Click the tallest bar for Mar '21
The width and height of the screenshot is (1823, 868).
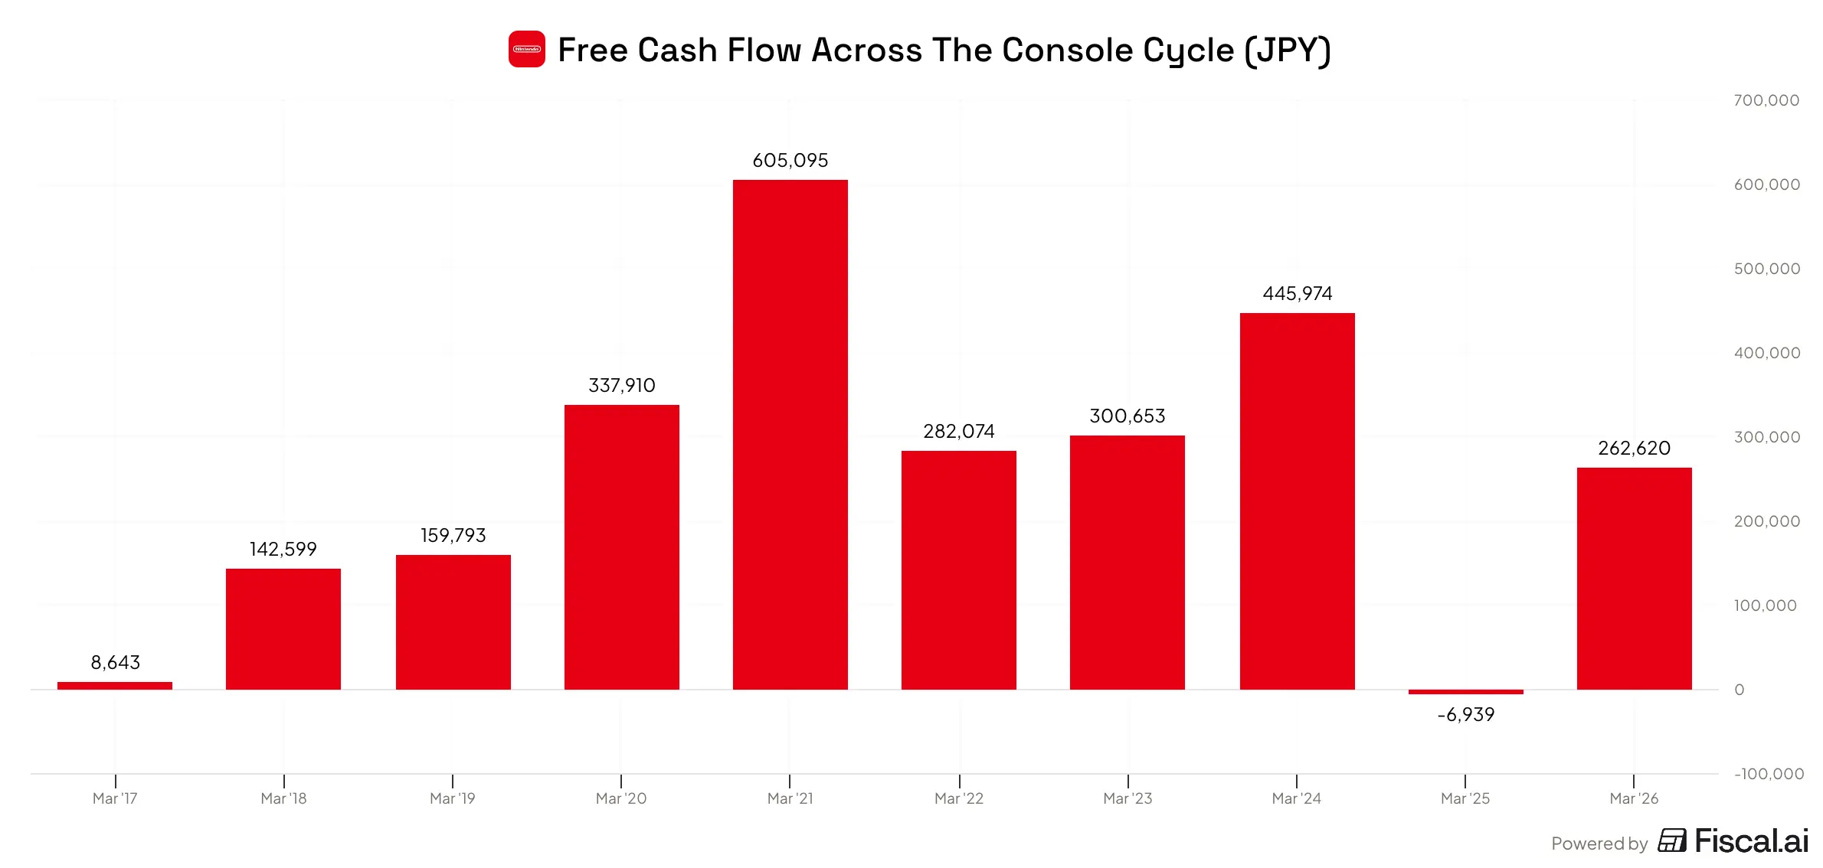click(790, 435)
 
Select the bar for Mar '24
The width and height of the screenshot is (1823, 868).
click(1298, 501)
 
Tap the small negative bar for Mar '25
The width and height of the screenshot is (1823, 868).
click(1466, 692)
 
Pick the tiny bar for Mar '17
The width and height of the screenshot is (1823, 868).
click(115, 686)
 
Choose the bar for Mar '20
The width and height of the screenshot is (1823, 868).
click(622, 547)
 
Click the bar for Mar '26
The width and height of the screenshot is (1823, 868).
click(1635, 579)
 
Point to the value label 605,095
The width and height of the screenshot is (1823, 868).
click(790, 161)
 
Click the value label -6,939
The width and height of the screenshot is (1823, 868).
click(1466, 715)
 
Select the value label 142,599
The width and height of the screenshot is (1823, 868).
click(283, 550)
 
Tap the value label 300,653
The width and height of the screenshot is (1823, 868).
click(1128, 416)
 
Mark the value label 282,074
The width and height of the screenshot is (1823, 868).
click(959, 432)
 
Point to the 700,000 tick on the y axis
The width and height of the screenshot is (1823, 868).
click(1766, 100)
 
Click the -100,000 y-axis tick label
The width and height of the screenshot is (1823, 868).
click(1769, 774)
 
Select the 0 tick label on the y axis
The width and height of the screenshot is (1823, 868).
click(1740, 690)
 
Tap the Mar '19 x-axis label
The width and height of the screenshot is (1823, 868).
click(453, 798)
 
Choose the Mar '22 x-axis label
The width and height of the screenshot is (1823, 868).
click(959, 798)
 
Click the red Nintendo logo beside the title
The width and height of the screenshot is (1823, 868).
click(527, 49)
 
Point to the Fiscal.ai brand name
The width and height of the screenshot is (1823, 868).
click(1751, 841)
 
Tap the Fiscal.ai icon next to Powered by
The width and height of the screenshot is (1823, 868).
click(1672, 840)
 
